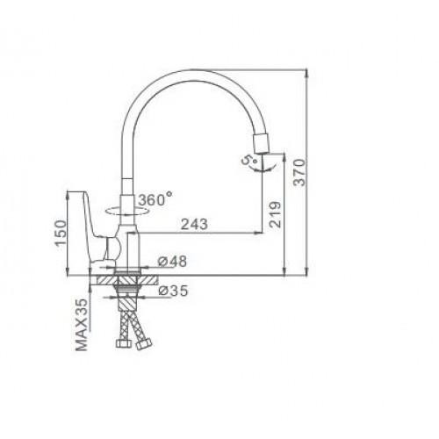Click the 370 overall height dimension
pyautogui.click(x=299, y=172)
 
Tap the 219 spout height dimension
pyautogui.click(x=275, y=214)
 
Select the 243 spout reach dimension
pyautogui.click(x=194, y=225)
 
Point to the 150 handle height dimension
pyautogui.click(x=61, y=234)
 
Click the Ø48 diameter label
pyautogui.click(x=172, y=262)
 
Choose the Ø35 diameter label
pyautogui.click(x=173, y=291)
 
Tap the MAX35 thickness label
pyautogui.click(x=82, y=325)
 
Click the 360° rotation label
pyautogui.click(x=155, y=199)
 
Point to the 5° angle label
pyautogui.click(x=248, y=161)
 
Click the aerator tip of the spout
pyautogui.click(x=263, y=144)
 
